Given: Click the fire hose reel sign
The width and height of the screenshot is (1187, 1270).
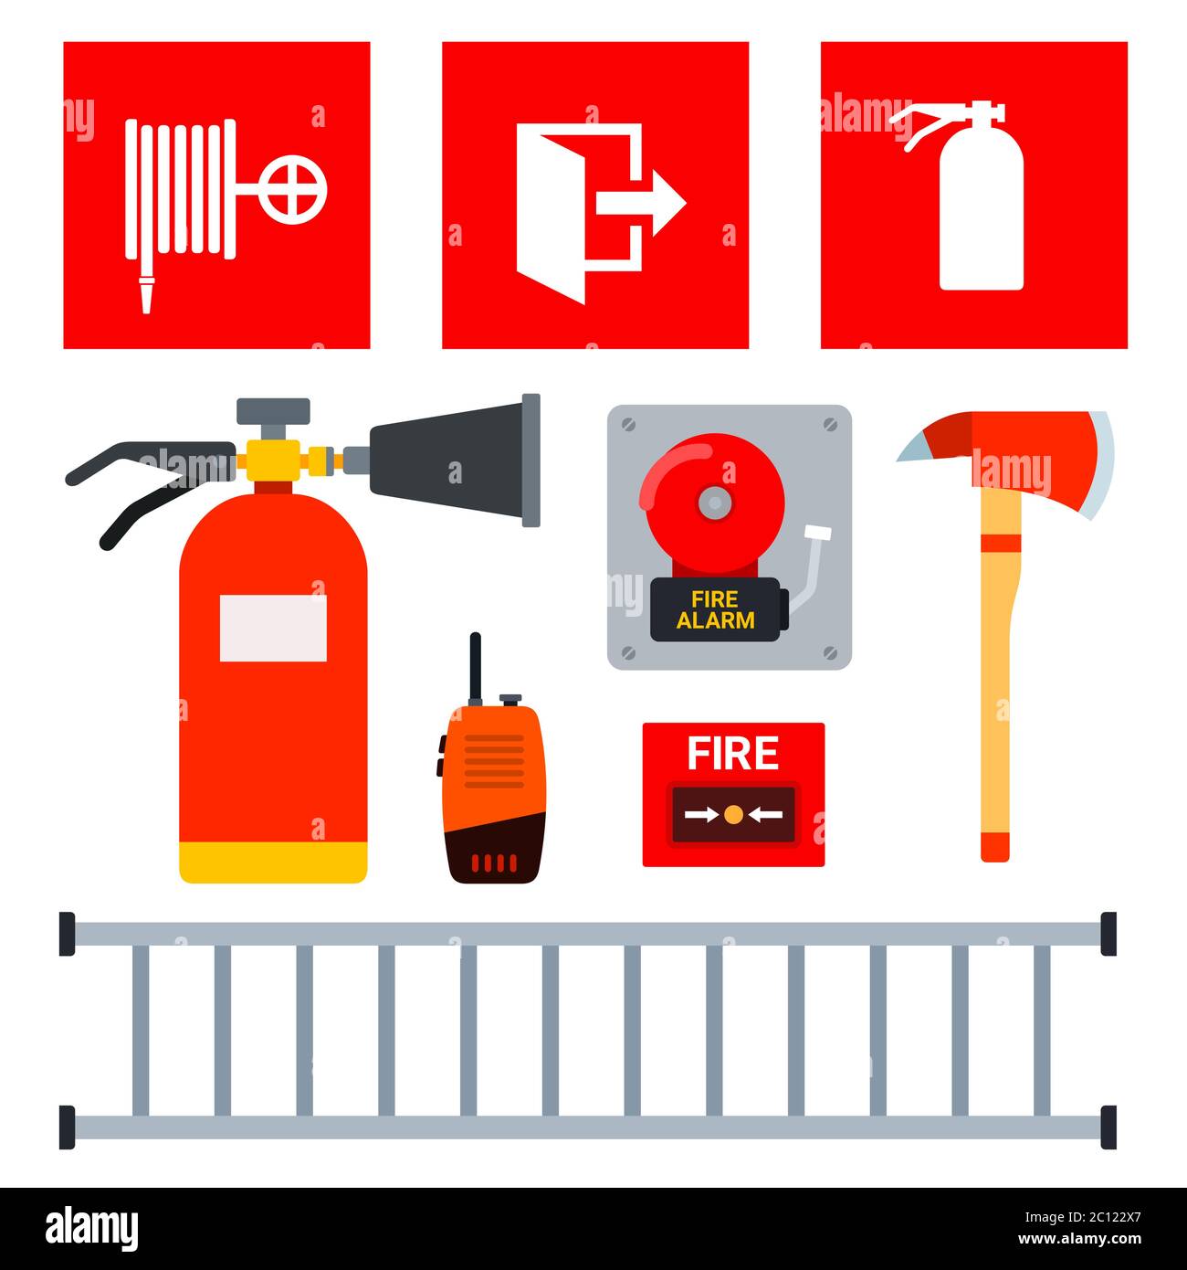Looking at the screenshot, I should point(216,195).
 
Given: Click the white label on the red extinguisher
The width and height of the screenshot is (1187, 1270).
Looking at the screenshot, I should point(273,628).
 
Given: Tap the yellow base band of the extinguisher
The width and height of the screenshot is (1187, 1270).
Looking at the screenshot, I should point(273,862).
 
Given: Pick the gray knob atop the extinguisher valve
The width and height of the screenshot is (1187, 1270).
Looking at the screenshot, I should point(273,410).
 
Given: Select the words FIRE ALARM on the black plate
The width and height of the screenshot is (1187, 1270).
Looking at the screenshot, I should point(715,610).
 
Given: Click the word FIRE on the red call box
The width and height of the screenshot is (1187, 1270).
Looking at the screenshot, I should point(732,754).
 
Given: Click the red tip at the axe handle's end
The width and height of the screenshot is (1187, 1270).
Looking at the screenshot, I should point(995,845).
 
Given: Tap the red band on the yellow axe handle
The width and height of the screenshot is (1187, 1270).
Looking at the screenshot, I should point(1001,544).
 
